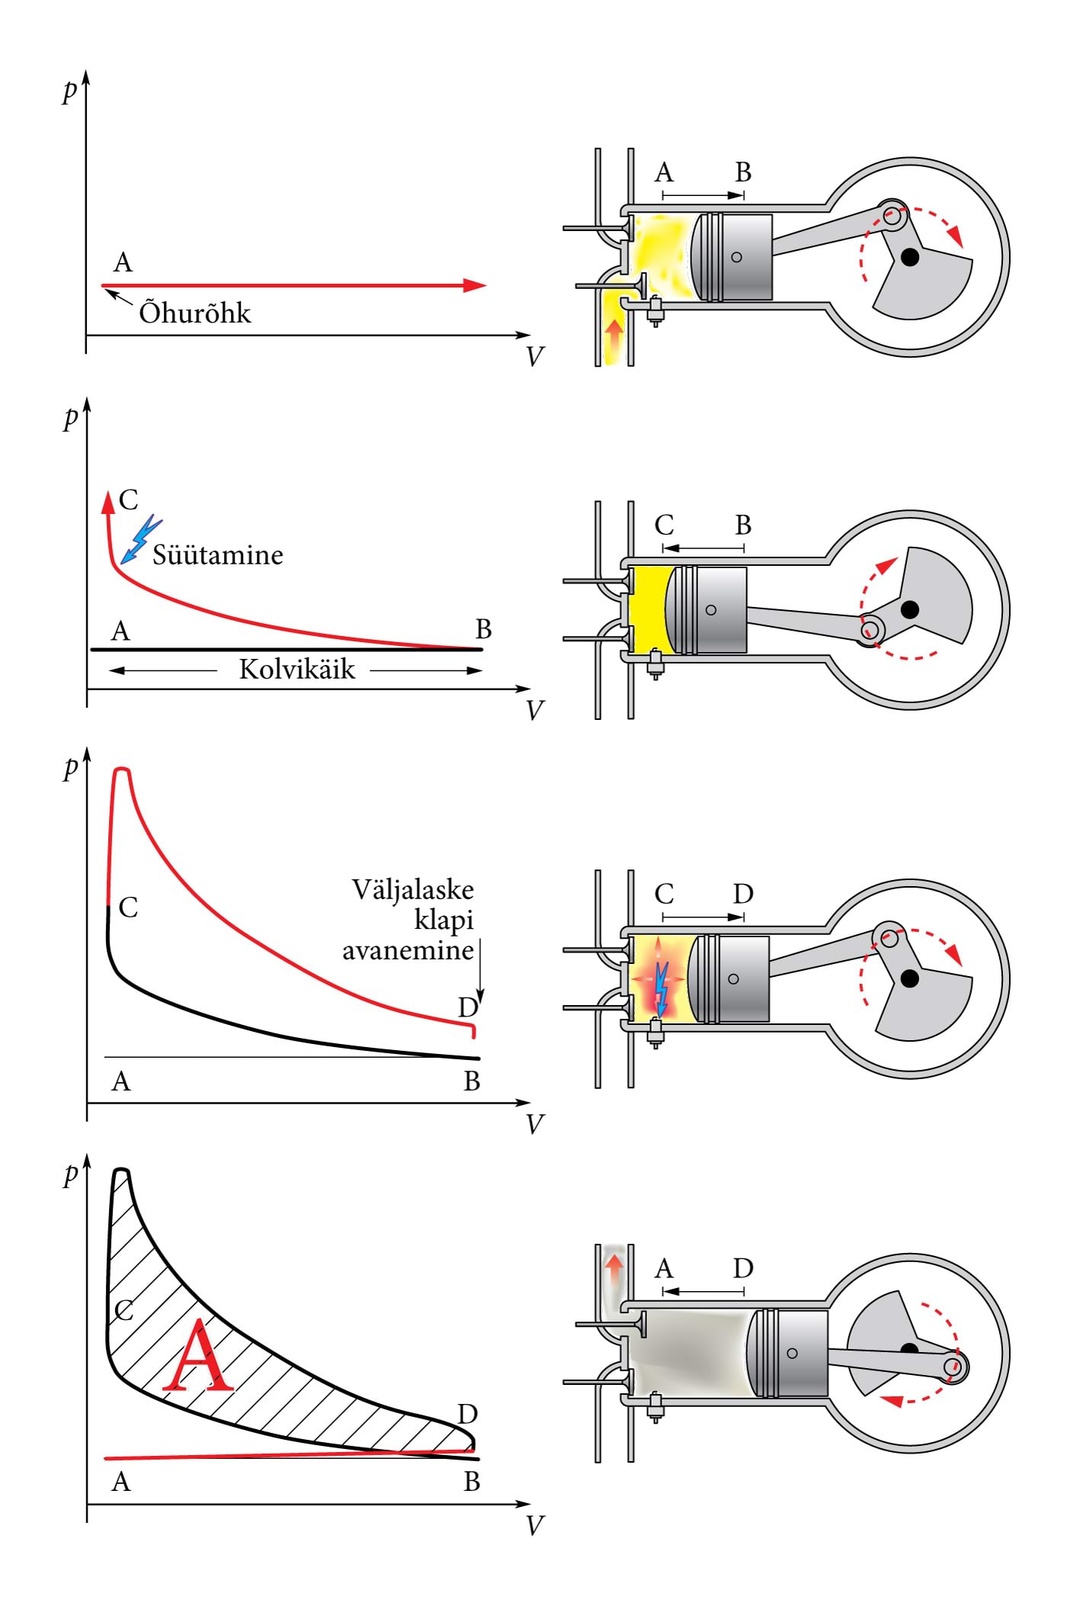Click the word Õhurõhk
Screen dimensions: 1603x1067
point(194,313)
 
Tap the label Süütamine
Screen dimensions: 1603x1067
point(217,554)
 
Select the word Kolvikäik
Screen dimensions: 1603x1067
point(296,670)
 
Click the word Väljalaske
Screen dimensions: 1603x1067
point(412,890)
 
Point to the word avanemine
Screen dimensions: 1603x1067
point(408,951)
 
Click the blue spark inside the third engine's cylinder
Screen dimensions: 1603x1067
point(662,988)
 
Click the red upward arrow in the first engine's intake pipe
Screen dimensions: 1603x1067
point(614,334)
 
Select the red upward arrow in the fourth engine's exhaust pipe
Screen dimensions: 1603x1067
point(614,1270)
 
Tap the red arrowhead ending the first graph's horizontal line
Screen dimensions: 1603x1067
point(474,286)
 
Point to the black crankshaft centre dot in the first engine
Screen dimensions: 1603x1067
point(909,257)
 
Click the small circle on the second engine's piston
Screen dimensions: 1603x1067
point(711,610)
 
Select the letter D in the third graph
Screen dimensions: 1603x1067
point(467,1007)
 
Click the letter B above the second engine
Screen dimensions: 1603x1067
point(743,525)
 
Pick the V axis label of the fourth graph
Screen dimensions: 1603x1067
point(535,1525)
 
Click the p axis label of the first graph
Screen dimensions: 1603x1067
point(70,90)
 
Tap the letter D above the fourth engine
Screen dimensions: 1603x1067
point(743,1268)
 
